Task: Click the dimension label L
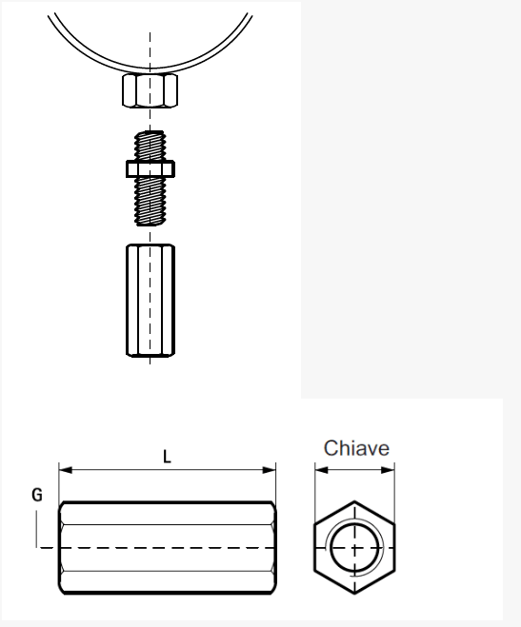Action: [x=167, y=457]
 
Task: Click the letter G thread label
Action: [x=37, y=495]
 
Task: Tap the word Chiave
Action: [x=356, y=448]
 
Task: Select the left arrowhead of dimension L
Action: [x=66, y=470]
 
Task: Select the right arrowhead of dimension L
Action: [x=270, y=470]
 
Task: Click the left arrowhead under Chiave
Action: [x=322, y=470]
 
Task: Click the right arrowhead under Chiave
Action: [x=388, y=470]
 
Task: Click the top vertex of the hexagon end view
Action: [x=354, y=501]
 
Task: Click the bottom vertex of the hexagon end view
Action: [x=354, y=594]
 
